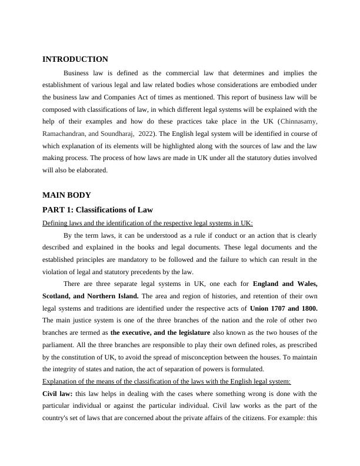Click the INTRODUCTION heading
click(x=75, y=59)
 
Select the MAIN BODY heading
click(x=67, y=195)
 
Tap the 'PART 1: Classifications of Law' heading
click(x=98, y=209)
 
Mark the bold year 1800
click(x=309, y=308)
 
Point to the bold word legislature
click(x=189, y=332)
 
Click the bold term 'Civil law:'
click(x=57, y=393)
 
